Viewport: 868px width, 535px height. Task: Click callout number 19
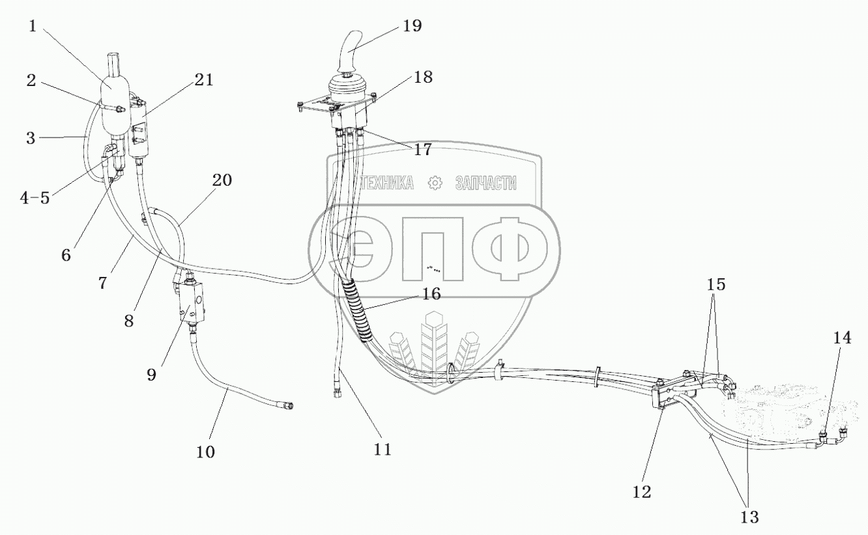pos(412,26)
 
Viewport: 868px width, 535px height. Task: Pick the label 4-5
pos(35,197)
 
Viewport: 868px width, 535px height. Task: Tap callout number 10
pos(205,451)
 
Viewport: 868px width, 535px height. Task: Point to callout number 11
pos(382,449)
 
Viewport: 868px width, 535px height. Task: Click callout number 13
pos(749,517)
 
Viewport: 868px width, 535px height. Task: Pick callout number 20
pos(222,181)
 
